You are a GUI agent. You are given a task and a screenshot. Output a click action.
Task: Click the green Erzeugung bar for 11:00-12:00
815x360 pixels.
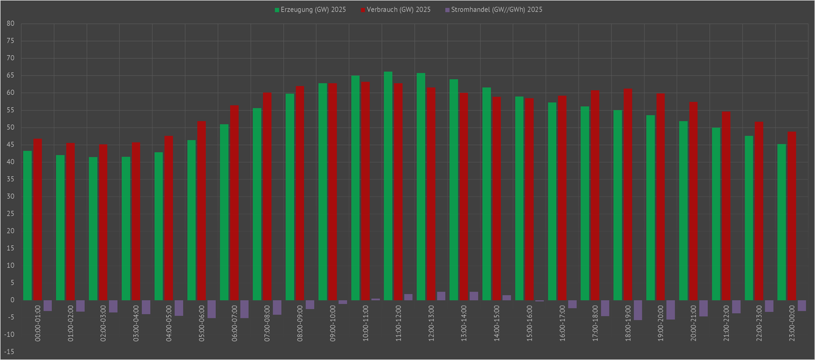point(388,186)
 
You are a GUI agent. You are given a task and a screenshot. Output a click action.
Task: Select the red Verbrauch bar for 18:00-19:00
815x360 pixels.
point(628,195)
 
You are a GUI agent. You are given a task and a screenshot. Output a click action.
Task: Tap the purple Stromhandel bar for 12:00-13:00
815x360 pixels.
point(441,296)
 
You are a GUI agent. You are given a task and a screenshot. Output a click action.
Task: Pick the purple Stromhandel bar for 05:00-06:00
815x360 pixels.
point(211,309)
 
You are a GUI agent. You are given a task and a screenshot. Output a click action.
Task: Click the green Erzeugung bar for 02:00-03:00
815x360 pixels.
point(93,229)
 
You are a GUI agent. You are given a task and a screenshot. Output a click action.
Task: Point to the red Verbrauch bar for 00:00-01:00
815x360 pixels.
point(38,219)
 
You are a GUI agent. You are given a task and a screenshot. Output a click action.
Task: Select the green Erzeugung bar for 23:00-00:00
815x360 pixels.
point(781,222)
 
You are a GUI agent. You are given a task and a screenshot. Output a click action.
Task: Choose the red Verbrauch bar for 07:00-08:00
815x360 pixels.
point(267,196)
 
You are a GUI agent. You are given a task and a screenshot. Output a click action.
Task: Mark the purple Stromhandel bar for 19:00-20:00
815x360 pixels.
point(671,310)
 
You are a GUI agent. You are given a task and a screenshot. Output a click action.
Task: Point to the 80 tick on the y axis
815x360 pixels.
point(10,24)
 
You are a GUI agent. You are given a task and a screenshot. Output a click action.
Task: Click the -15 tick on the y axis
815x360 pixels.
point(9,352)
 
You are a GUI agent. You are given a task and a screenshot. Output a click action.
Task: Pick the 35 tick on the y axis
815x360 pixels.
point(10,179)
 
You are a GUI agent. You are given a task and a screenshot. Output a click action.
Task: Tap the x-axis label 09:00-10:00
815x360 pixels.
point(333,323)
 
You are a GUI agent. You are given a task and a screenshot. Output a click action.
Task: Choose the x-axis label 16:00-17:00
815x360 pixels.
point(562,323)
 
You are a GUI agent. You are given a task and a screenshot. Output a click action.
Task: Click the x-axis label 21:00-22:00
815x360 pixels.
point(726,323)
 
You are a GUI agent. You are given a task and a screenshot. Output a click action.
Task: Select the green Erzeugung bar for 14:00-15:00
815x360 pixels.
point(486,194)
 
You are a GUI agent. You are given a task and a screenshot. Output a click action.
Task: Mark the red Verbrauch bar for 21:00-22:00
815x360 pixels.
point(726,206)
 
